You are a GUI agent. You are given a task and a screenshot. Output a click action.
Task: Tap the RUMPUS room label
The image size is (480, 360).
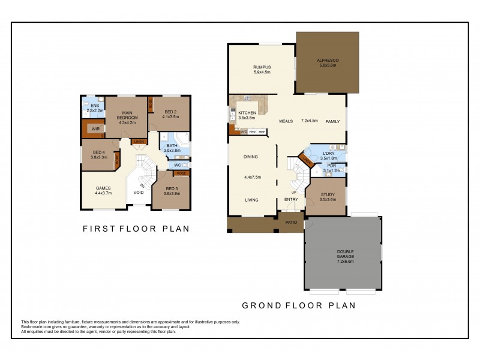point(262,67)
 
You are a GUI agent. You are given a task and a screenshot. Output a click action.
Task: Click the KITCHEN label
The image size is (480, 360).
point(247,113)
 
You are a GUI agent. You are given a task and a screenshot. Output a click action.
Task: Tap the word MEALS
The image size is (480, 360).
point(286,121)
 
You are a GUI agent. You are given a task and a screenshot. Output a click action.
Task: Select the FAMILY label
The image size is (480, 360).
point(332,121)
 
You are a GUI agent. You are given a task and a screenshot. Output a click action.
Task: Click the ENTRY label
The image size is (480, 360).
point(291,200)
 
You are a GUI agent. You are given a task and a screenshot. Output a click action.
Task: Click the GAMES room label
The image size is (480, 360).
point(103,188)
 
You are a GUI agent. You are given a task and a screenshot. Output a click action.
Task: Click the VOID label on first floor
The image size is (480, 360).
point(139,193)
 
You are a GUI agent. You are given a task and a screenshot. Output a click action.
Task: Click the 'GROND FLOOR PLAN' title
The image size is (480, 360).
point(298,305)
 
